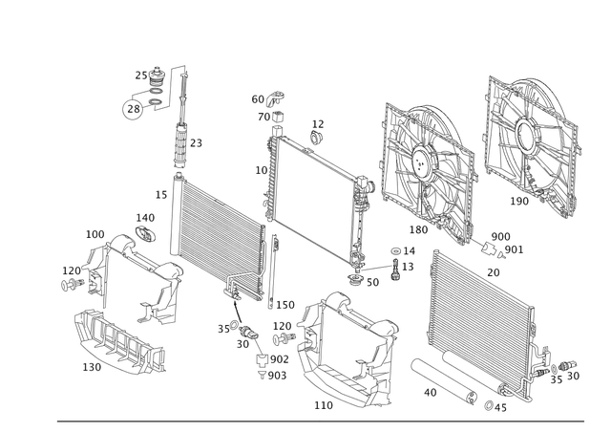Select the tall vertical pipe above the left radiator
(x=179, y=124)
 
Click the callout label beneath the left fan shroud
(x=417, y=228)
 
